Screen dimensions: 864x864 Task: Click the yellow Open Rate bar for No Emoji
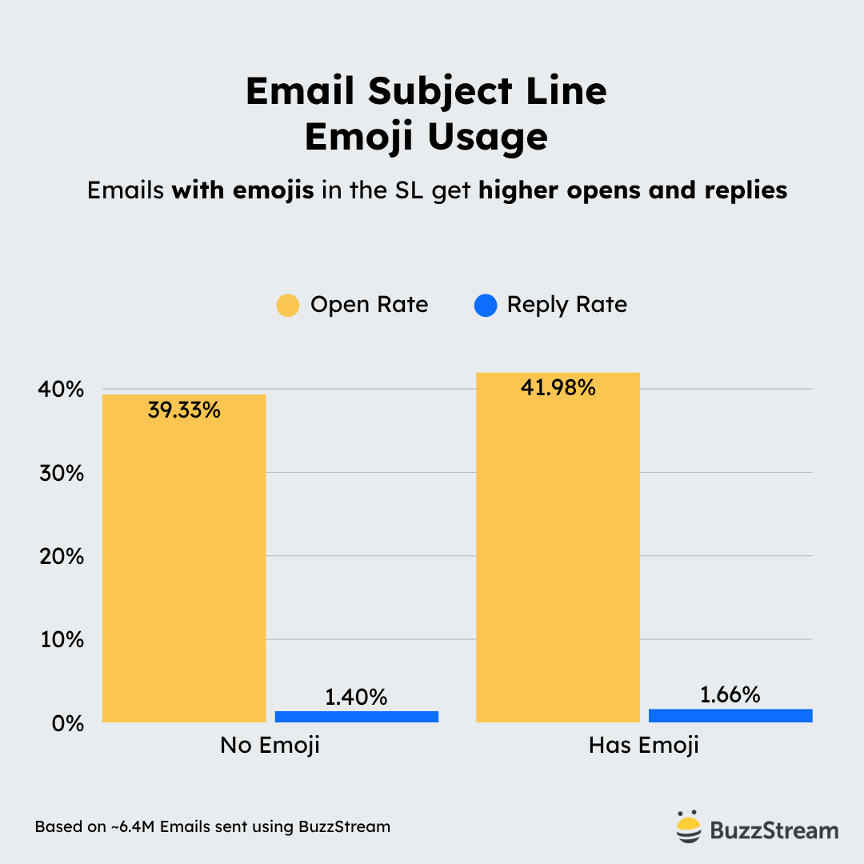pyautogui.click(x=184, y=560)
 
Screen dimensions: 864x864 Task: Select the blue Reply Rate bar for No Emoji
pyautogui.click(x=357, y=717)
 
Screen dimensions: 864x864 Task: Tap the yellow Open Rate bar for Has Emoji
pyautogui.click(x=558, y=552)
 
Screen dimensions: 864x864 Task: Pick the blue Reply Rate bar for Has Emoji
pyautogui.click(x=730, y=715)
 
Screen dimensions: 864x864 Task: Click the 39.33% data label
pyautogui.click(x=184, y=411)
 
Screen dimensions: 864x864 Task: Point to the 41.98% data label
pyautogui.click(x=558, y=389)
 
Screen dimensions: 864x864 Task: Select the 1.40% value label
pyautogui.click(x=356, y=697)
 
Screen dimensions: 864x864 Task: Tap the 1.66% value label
pyautogui.click(x=730, y=695)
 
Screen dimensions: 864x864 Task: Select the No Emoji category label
pyautogui.click(x=270, y=746)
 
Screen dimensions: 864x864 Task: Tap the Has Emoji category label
pyautogui.click(x=644, y=746)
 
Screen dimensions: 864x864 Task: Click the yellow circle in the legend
pyautogui.click(x=288, y=305)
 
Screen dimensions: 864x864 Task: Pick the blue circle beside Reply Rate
pyautogui.click(x=486, y=305)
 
